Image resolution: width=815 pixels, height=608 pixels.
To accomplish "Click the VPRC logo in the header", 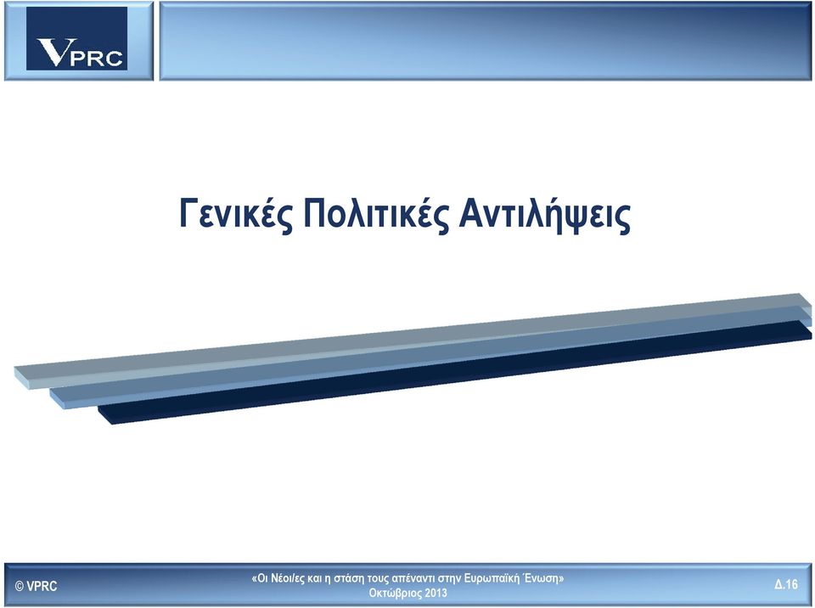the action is (x=77, y=38).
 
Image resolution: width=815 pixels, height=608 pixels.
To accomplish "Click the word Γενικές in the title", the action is (x=234, y=214).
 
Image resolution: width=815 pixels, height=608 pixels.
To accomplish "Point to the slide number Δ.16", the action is (x=786, y=584).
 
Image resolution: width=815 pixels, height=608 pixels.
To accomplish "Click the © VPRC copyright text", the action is (x=37, y=586).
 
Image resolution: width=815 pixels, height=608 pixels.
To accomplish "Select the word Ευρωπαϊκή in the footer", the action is (x=492, y=577).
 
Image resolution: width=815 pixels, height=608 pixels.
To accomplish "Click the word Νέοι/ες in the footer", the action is (x=288, y=577).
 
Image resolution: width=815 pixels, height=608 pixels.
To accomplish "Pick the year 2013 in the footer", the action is (x=436, y=593).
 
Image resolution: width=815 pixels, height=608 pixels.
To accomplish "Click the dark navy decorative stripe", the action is (x=455, y=373).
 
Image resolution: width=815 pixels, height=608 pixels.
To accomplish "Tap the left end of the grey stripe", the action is (x=14, y=371).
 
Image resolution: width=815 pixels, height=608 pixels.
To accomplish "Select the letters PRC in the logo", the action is (x=97, y=59).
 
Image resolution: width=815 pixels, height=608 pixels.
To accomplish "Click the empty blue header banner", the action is (x=486, y=41).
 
